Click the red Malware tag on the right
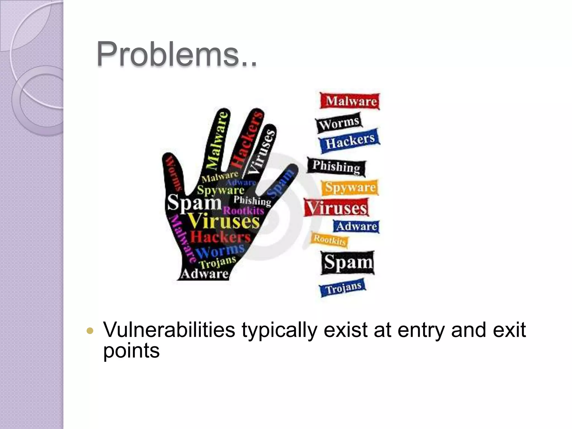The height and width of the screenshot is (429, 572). coord(351,101)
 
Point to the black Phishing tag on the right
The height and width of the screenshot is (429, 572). coord(336,167)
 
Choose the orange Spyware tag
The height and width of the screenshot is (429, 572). coord(350,187)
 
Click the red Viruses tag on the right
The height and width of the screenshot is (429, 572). coord(337,208)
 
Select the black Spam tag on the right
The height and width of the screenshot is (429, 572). coord(348,263)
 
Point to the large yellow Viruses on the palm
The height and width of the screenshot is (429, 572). coord(224,221)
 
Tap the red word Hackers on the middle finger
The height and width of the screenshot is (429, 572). coord(247,140)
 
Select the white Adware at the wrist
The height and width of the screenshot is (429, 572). coord(205,274)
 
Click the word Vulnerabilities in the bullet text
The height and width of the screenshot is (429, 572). coord(169,330)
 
